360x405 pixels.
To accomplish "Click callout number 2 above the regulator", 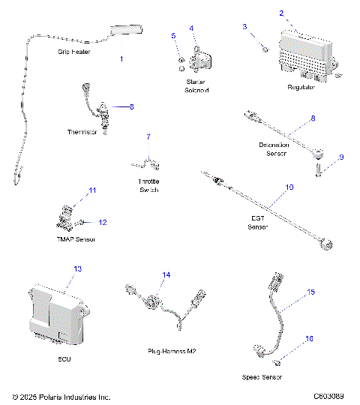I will (281, 13).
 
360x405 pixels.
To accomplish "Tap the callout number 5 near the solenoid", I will (173, 35).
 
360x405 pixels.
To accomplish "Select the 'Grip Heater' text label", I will (73, 52).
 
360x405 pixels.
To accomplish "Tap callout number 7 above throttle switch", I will (148, 137).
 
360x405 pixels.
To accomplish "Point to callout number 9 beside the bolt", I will (340, 157).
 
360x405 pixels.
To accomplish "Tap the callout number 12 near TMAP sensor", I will (103, 222).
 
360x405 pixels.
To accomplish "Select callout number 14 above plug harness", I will (166, 275).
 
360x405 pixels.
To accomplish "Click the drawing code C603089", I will (328, 395).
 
